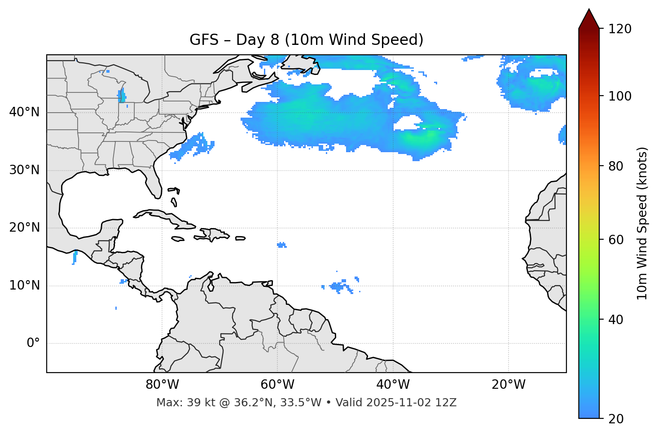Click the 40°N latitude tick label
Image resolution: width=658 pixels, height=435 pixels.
tap(24, 112)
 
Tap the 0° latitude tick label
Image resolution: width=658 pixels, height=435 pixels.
tap(33, 343)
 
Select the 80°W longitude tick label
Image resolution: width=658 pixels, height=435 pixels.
tap(162, 385)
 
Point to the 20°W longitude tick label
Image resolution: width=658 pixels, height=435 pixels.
tap(509, 385)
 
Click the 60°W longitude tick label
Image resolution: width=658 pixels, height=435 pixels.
tap(277, 385)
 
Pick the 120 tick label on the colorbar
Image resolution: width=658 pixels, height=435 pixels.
tap(620, 29)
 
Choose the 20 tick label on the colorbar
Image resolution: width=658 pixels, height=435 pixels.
tap(616, 419)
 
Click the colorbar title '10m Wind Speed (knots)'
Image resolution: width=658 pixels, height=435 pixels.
tap(642, 224)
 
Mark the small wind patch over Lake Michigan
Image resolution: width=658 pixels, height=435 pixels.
tap(121, 96)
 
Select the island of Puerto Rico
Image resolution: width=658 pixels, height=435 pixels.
tap(241, 238)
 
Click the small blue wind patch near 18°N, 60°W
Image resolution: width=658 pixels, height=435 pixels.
tap(281, 245)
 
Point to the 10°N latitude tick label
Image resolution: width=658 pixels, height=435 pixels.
tap(24, 286)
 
